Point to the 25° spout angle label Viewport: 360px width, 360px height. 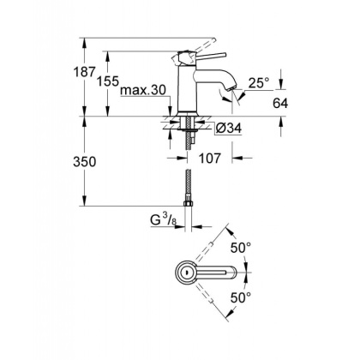(x=258, y=83)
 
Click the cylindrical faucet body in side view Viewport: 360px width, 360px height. (x=189, y=90)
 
